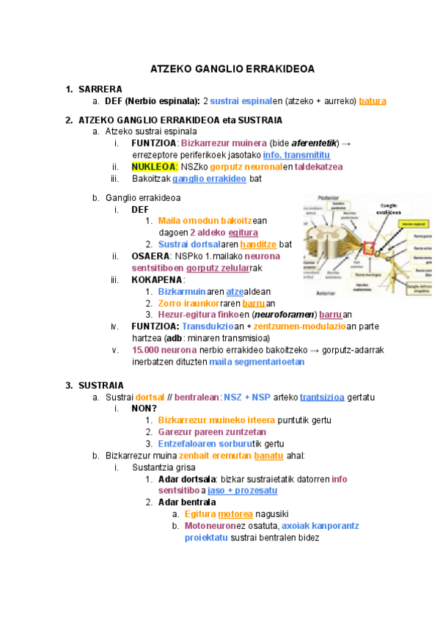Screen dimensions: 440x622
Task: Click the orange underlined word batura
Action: click(373, 100)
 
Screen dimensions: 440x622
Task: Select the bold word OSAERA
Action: click(150, 256)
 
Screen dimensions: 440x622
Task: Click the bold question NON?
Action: click(144, 409)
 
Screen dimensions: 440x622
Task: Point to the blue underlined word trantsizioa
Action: click(322, 397)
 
